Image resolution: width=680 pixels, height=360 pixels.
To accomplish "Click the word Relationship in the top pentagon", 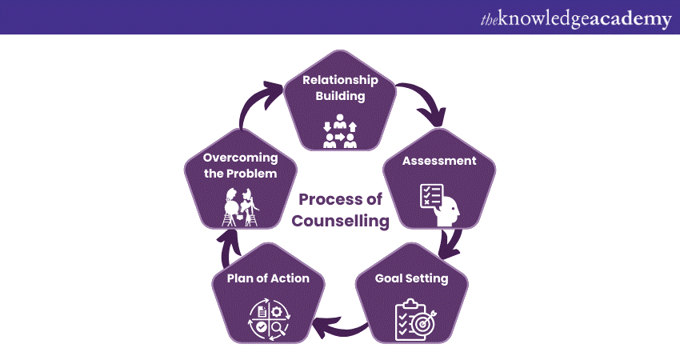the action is pos(340,80).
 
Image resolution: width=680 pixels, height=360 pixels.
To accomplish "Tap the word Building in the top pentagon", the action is pos(340,96).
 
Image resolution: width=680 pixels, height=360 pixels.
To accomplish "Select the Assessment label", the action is pos(439,161).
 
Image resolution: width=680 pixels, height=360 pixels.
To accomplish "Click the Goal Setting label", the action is pos(411,278).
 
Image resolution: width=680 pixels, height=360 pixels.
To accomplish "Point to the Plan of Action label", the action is pos(268,278).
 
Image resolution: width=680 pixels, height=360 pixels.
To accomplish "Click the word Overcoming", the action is pos(240,158).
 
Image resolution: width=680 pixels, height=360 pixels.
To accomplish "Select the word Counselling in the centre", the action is pos(341,221).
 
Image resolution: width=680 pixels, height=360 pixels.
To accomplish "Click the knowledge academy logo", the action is pos(576,18).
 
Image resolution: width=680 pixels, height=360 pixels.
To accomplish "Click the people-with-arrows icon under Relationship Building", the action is pos(340,131).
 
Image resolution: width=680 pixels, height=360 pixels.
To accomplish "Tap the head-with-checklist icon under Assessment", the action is pos(440,205).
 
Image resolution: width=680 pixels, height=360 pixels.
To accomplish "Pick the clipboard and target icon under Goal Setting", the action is pos(415,320).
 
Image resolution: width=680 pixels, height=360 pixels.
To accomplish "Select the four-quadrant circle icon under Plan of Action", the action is pos(270,320).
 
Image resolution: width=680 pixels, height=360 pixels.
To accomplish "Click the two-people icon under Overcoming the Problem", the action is pos(240,207).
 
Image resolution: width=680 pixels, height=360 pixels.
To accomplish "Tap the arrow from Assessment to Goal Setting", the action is pos(452,243).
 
